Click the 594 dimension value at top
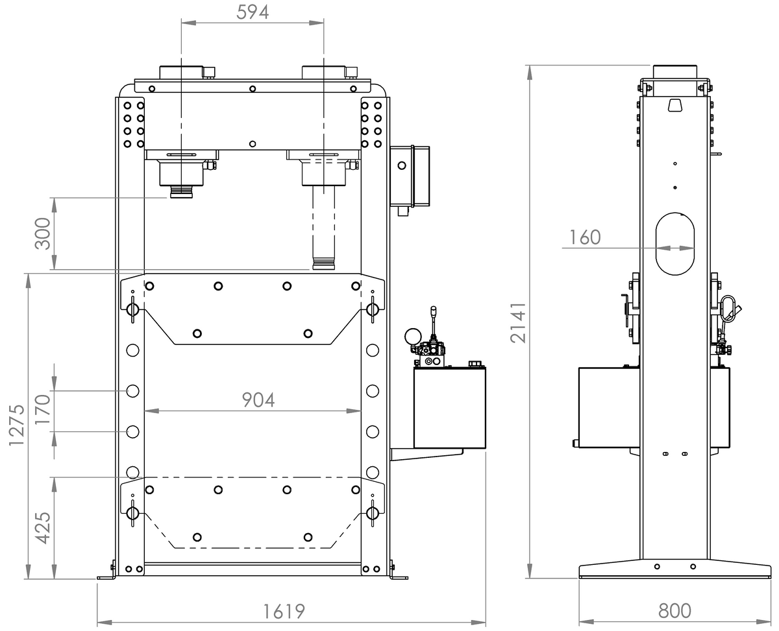253,12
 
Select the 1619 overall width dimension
284,611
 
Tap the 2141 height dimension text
518,322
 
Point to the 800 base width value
674,611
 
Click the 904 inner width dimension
258,400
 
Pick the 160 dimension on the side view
585,237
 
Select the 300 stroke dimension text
42,233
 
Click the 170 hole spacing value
42,409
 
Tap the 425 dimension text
42,528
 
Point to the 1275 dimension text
16,425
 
